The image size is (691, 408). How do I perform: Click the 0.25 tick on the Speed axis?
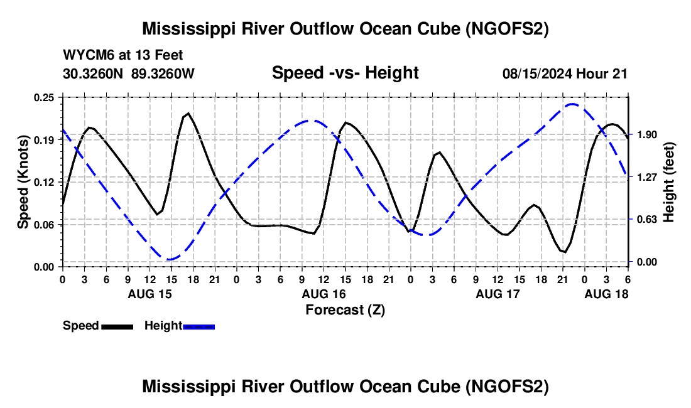[43, 97]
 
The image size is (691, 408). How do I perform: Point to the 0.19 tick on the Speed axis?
[43, 140]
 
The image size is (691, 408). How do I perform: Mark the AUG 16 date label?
[324, 294]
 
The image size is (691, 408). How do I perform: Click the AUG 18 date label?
[606, 294]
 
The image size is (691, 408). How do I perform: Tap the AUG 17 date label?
[498, 294]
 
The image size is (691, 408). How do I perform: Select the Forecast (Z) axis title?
[345, 310]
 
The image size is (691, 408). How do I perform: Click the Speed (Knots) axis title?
[23, 182]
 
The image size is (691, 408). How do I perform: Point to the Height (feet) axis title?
[668, 182]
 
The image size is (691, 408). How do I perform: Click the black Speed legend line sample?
[117, 326]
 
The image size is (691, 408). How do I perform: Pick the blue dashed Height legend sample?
[199, 326]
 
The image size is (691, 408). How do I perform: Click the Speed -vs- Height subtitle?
[345, 73]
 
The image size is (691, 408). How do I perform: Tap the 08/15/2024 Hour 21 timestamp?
[565, 73]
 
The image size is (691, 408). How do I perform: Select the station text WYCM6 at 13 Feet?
[122, 55]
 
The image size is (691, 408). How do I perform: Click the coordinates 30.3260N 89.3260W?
[128, 73]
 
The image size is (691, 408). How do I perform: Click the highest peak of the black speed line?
[188, 114]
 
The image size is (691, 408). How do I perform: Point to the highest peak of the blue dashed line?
[572, 104]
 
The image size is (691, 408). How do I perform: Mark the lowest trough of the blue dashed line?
[169, 259]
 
